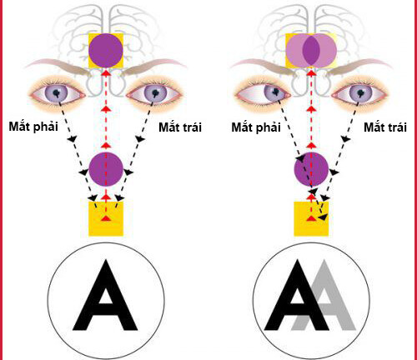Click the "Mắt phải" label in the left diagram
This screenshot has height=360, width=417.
click(x=33, y=127)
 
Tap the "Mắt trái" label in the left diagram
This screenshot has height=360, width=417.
click(x=180, y=127)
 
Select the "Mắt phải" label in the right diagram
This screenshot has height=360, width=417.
click(x=256, y=127)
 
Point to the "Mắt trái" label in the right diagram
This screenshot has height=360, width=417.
click(x=385, y=127)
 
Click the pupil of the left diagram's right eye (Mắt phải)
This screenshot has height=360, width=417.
click(x=57, y=92)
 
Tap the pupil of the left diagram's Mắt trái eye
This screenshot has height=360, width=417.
click(x=155, y=92)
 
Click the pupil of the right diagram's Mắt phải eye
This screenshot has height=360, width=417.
click(x=275, y=92)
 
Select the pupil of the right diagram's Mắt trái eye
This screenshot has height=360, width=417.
click(x=361, y=92)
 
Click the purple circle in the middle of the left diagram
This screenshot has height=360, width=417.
click(x=106, y=169)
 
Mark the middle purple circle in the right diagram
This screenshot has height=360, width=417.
click(x=311, y=169)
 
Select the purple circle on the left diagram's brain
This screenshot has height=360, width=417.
click(x=106, y=51)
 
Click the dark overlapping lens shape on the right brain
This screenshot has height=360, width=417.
click(x=311, y=51)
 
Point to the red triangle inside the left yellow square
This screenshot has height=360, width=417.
click(x=106, y=218)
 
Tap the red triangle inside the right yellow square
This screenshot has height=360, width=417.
click(x=311, y=218)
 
